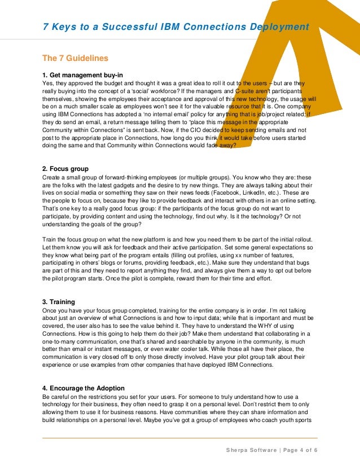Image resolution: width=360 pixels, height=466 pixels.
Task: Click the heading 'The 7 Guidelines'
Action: coord(75,58)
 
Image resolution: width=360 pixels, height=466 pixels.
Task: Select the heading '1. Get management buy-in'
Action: coord(82,74)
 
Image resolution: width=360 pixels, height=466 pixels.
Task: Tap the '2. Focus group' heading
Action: coord(65,169)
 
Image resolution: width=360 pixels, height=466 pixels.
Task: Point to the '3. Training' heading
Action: coord(58,302)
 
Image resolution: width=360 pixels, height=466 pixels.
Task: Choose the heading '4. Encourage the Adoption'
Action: coord(84,389)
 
